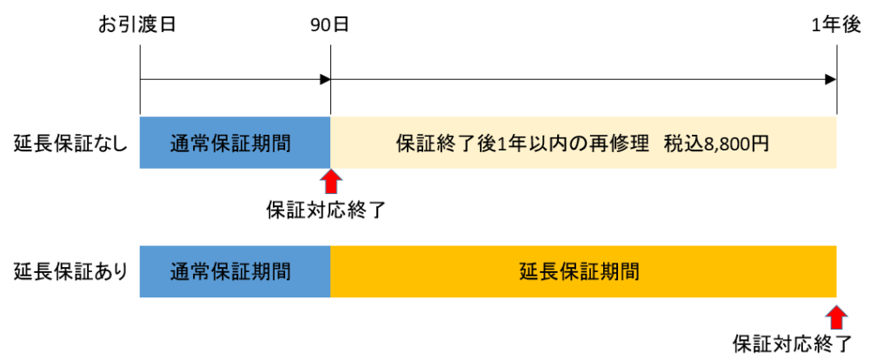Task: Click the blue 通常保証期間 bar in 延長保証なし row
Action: click(x=235, y=143)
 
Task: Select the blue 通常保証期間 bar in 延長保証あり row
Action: click(x=235, y=271)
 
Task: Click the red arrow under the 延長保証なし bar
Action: click(x=330, y=183)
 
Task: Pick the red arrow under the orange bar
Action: click(x=836, y=315)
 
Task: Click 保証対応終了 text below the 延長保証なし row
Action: click(x=330, y=210)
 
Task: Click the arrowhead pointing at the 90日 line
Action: click(x=324, y=80)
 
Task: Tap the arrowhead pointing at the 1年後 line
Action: click(x=830, y=80)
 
